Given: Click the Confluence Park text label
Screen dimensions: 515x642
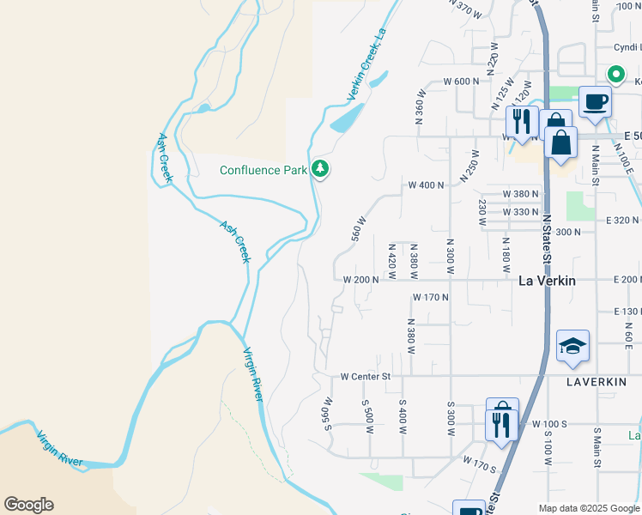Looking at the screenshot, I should [x=263, y=170].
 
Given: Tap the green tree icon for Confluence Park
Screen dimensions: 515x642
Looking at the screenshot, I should [x=320, y=169].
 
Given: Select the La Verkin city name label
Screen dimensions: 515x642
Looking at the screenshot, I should [x=548, y=281].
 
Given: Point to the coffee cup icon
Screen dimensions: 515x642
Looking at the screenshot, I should [x=595, y=102].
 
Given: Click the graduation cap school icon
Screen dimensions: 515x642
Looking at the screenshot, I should [x=572, y=346].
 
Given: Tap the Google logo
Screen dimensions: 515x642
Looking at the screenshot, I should [x=28, y=505].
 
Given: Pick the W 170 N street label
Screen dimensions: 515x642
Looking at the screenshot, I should [x=431, y=298].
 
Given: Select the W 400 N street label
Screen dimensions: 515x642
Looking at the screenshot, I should [x=426, y=185].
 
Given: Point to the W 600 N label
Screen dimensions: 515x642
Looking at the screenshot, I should [x=460, y=82].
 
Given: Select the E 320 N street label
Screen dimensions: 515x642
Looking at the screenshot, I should [x=623, y=220].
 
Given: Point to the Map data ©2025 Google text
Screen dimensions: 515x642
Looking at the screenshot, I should [x=588, y=507].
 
